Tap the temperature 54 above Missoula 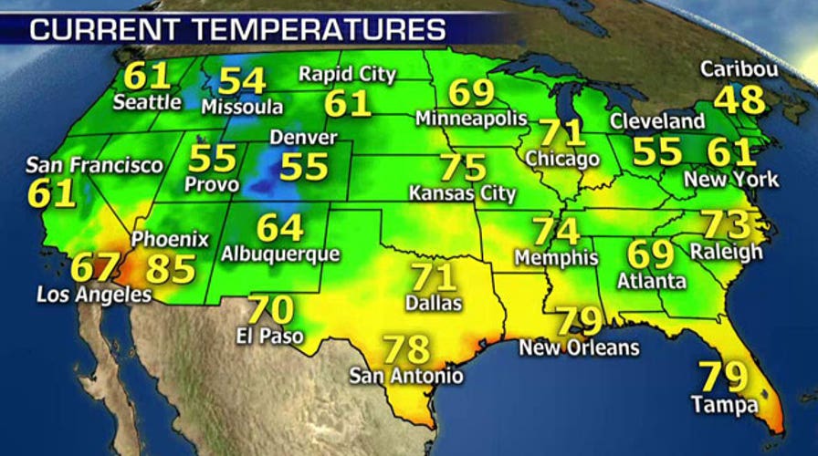(x=242, y=81)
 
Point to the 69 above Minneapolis (x=471, y=93)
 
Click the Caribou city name (x=739, y=69)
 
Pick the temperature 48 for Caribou (x=739, y=99)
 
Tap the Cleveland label (x=656, y=120)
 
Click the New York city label (x=733, y=179)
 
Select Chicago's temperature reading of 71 (x=561, y=132)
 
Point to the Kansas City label (x=463, y=193)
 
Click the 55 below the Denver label (x=304, y=166)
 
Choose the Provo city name (x=210, y=184)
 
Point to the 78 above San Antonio (x=404, y=348)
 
